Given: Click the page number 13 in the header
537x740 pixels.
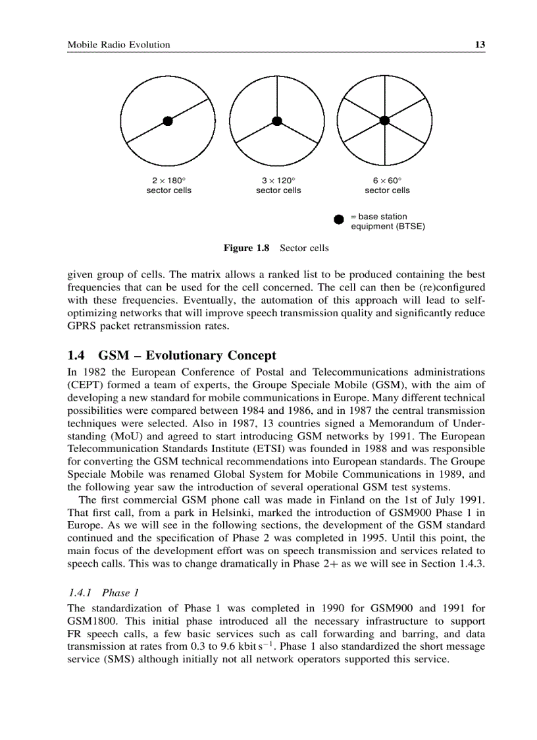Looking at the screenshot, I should [x=480, y=45].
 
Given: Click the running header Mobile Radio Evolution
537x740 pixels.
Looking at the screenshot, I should [x=119, y=45].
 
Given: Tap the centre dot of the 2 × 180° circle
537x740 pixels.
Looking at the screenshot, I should [x=168, y=121].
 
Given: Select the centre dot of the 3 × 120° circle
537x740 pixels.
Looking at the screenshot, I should [x=277, y=121].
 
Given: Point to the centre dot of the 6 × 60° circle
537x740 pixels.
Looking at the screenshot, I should [x=385, y=119].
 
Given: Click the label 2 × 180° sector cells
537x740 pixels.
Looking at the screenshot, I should [x=168, y=185].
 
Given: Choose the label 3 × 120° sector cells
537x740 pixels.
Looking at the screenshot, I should [x=278, y=185].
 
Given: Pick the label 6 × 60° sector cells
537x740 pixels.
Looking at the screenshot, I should [x=387, y=185].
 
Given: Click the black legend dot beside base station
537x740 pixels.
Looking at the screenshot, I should [x=339, y=219].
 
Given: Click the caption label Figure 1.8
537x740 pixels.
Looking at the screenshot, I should [x=247, y=248].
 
